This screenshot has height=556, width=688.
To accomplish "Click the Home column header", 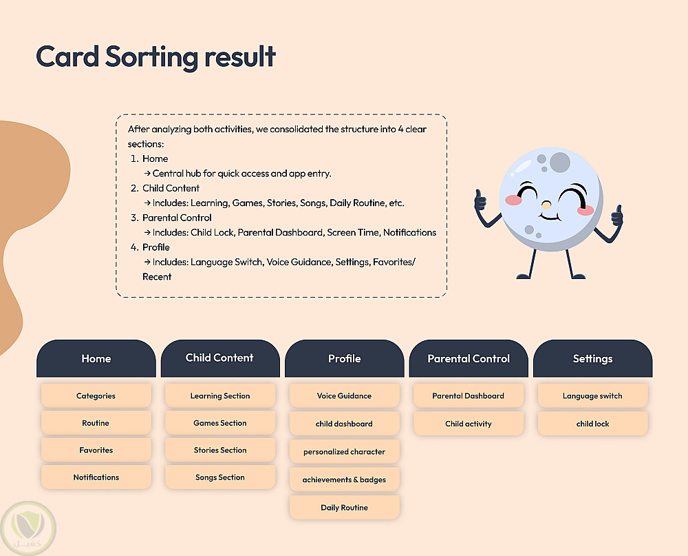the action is [x=96, y=358].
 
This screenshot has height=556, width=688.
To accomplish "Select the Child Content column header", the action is [x=220, y=358].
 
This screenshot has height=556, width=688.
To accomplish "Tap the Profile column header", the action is [x=345, y=358].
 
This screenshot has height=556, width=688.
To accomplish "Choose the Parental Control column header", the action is [x=469, y=358].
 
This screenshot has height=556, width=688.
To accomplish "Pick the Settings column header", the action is [x=593, y=358].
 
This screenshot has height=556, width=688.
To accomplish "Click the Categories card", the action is [x=96, y=395].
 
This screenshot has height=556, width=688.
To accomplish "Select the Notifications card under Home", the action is [x=96, y=477].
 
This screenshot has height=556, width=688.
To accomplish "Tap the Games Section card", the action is [x=220, y=423].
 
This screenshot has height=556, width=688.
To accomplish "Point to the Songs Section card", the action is [x=220, y=477].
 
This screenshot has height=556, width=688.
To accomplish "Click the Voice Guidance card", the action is [x=345, y=395].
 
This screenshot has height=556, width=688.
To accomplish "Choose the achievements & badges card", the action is [x=345, y=480].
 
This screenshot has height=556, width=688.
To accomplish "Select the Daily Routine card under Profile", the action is [x=345, y=507].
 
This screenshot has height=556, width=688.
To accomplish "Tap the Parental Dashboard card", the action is [x=469, y=395].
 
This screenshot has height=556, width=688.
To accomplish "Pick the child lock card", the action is [x=593, y=424].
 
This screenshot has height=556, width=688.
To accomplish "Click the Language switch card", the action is [x=593, y=395].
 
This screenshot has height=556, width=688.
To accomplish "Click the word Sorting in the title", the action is [x=152, y=57].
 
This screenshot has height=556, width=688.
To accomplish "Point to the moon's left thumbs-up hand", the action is [x=480, y=200].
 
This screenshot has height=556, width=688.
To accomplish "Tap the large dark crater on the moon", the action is [x=560, y=162].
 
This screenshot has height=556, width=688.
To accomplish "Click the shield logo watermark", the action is [x=28, y=528].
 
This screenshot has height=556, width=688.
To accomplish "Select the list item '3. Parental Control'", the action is [x=171, y=218].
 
